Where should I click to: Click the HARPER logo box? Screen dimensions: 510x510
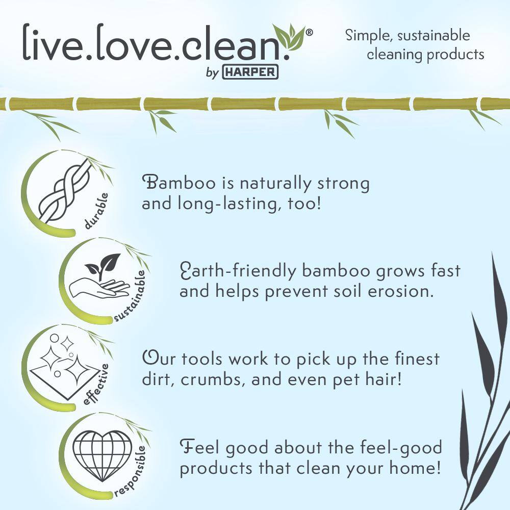point(250,72)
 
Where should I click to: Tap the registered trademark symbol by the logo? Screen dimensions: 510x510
point(310,33)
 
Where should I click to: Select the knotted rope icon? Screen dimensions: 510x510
point(65,191)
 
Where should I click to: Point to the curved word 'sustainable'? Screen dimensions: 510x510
point(130,295)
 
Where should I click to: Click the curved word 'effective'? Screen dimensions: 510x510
point(96,385)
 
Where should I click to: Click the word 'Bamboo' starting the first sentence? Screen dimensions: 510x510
point(179,183)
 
